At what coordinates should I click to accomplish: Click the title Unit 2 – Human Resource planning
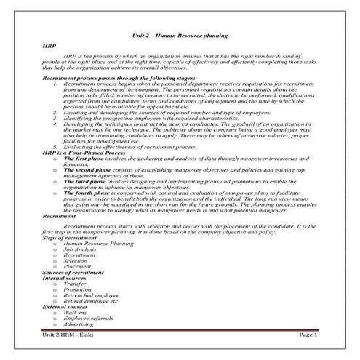(180, 34)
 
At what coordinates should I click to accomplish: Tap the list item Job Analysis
(81, 249)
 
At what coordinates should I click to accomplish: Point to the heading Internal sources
(66, 278)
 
